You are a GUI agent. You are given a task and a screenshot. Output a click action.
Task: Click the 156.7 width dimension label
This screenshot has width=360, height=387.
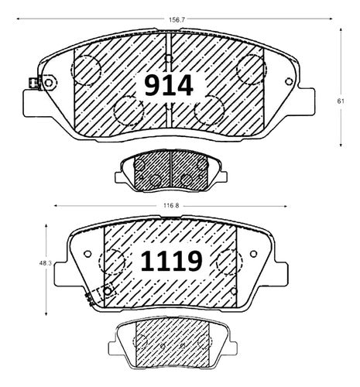click(175, 19)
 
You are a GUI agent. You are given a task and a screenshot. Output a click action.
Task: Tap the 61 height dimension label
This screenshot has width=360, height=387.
click(341, 101)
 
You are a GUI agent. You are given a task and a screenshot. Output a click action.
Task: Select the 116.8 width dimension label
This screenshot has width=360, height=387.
click(171, 206)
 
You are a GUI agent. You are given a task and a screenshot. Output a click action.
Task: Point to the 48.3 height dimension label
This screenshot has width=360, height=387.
click(46, 263)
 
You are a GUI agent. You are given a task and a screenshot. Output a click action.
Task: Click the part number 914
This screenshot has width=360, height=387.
click(169, 85)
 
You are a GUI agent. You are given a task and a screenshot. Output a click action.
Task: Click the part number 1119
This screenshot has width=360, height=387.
click(171, 261)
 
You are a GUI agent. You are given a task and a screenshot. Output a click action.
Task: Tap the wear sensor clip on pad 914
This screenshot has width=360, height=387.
click(33, 84)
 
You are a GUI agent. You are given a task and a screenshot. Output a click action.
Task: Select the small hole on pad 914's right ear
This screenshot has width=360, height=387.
click(289, 81)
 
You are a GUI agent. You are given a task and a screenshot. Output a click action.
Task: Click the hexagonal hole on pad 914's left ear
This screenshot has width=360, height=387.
click(48, 83)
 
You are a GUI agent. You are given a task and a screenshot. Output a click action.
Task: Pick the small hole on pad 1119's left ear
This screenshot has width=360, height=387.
click(87, 254)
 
